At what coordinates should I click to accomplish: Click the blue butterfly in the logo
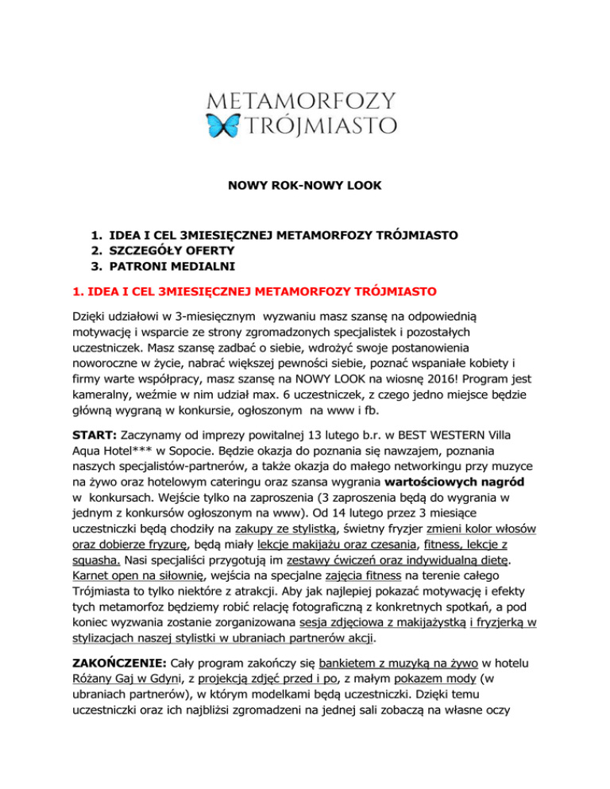[222, 125]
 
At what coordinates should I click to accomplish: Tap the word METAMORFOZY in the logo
[304, 101]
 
